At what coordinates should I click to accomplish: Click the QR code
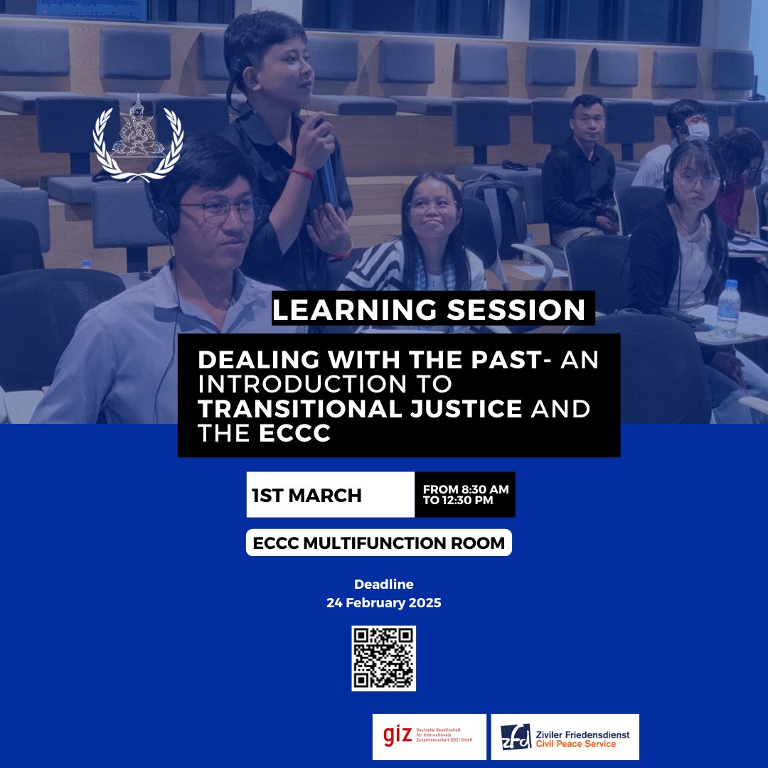383,658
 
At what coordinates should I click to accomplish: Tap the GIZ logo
429,737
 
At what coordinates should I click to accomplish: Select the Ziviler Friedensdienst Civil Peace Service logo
565,737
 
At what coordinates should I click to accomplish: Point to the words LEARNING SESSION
429,311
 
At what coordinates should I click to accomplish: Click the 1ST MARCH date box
331,495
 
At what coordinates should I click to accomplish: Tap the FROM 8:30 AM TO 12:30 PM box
465,494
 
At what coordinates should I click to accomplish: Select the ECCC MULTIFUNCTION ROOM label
379,543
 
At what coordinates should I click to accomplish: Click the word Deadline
383,585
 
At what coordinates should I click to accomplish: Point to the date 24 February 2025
383,603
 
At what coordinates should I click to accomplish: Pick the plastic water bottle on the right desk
727,308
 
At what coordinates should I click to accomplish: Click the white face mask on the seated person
698,132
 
